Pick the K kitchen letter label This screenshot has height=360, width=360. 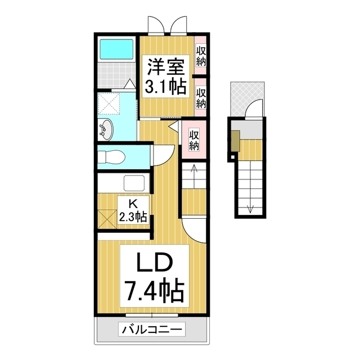(133, 204)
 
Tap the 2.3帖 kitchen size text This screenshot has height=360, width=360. (133, 217)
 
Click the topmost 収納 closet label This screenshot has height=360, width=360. (201, 56)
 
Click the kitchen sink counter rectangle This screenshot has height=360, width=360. (135, 183)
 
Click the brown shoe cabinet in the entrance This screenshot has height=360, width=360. (235, 141)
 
